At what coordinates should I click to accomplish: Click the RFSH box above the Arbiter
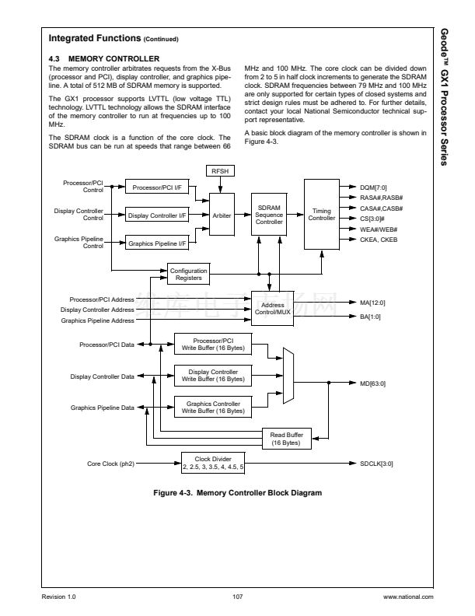tap(222, 170)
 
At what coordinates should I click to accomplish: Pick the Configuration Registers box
tap(188, 273)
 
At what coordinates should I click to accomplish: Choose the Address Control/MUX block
tap(272, 309)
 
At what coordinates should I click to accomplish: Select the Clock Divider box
tap(213, 463)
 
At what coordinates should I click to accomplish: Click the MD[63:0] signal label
tap(374, 383)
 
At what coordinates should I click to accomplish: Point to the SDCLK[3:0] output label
tap(377, 464)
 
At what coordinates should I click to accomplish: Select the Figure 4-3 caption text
tap(237, 492)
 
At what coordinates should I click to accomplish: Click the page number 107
tap(238, 597)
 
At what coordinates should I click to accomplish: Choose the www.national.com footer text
tap(407, 597)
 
